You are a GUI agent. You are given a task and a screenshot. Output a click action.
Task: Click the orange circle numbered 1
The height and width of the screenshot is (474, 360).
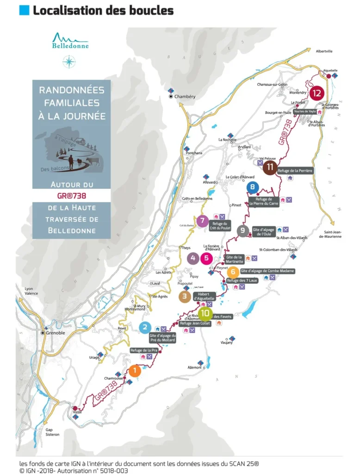[x=134, y=370]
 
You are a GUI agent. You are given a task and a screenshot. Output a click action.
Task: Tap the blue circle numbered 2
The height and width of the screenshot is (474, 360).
[x=145, y=328]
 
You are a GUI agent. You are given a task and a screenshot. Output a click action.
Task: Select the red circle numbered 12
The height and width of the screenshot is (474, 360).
[x=317, y=93]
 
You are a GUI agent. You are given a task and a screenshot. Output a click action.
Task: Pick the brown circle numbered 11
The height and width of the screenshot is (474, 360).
[x=270, y=167]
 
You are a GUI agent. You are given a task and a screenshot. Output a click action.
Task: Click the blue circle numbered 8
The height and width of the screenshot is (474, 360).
[x=252, y=187]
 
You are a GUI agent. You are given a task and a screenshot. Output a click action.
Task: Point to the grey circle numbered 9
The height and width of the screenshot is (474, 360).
[x=242, y=231]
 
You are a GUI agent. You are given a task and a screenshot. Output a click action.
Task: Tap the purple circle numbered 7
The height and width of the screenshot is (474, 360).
[x=202, y=221]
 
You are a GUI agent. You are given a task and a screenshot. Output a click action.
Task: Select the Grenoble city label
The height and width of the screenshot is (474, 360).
[x=56, y=333]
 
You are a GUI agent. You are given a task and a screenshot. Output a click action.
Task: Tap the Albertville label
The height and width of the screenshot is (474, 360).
[x=324, y=51]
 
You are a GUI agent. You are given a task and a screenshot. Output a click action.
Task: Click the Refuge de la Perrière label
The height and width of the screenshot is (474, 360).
[x=296, y=171]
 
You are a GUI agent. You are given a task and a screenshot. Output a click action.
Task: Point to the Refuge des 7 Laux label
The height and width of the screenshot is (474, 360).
[x=242, y=281]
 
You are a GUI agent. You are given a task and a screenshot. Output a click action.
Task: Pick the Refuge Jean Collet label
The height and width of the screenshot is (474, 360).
[x=195, y=324]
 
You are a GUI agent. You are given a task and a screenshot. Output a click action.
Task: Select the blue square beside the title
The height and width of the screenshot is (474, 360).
[x=24, y=10]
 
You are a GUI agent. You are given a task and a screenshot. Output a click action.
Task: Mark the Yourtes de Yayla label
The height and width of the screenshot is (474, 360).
[x=304, y=112]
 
